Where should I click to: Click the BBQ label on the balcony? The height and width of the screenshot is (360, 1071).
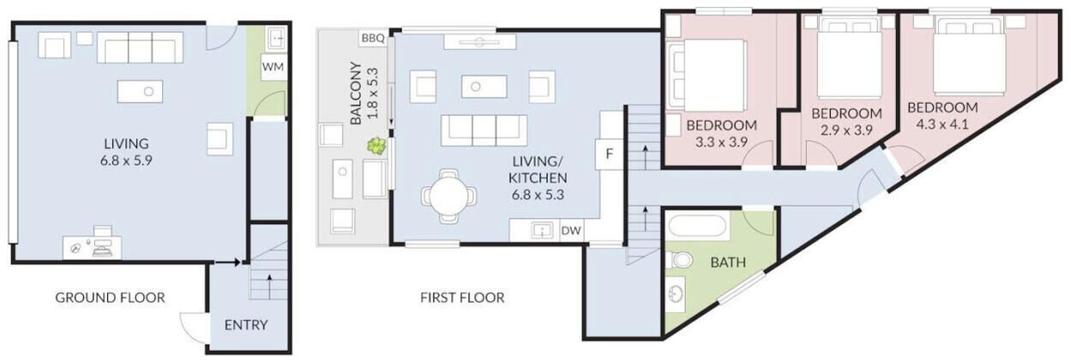click(x=373, y=38)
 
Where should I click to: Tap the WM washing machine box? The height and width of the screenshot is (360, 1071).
click(x=273, y=67)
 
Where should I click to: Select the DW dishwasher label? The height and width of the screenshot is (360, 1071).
click(x=571, y=231)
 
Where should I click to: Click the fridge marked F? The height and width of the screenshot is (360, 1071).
click(x=609, y=154)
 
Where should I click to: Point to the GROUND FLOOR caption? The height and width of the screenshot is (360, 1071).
click(x=110, y=297)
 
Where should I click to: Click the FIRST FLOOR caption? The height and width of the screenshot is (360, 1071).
click(x=462, y=297)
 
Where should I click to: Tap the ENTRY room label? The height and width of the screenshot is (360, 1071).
click(x=246, y=325)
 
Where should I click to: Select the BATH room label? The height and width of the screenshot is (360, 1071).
click(x=728, y=262)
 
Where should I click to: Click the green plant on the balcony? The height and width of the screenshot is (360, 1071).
click(x=376, y=146)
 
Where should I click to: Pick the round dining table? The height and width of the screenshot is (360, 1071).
click(x=449, y=195)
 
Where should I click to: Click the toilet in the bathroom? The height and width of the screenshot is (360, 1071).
click(x=679, y=260)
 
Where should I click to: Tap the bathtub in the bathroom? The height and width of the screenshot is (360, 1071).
click(x=698, y=227)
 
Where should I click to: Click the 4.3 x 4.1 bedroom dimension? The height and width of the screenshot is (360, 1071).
click(x=942, y=124)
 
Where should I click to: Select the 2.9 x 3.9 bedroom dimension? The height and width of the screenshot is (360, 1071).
click(x=846, y=130)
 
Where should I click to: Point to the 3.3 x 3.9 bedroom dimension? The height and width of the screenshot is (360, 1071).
click(x=721, y=142)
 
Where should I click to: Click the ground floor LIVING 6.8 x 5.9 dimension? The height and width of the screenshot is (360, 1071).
click(x=126, y=160)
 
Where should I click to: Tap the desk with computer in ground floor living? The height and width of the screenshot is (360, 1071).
click(x=93, y=247)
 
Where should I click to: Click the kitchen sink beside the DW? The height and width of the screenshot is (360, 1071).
click(x=542, y=231)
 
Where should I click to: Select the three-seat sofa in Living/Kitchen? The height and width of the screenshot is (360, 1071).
click(x=484, y=130)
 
